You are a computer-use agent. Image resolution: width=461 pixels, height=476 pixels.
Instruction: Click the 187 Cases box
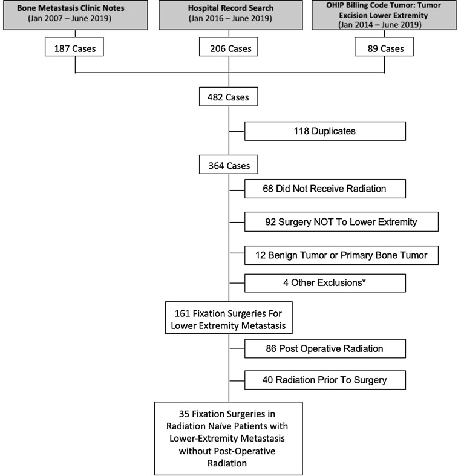click(x=75, y=48)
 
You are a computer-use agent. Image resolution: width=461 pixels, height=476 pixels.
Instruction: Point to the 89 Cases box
click(x=385, y=48)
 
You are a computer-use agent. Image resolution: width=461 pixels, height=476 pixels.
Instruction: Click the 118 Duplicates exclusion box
click(x=325, y=131)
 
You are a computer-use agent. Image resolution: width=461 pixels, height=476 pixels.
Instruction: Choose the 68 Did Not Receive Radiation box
click(x=325, y=189)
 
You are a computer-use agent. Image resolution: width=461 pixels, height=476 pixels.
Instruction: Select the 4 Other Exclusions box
click(x=325, y=282)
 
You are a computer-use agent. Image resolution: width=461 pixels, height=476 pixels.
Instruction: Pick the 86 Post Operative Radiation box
click(x=325, y=349)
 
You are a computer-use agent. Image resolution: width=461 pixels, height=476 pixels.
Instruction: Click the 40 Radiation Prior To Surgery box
click(x=325, y=380)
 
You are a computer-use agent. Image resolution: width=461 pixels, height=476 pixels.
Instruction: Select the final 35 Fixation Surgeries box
click(x=228, y=438)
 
